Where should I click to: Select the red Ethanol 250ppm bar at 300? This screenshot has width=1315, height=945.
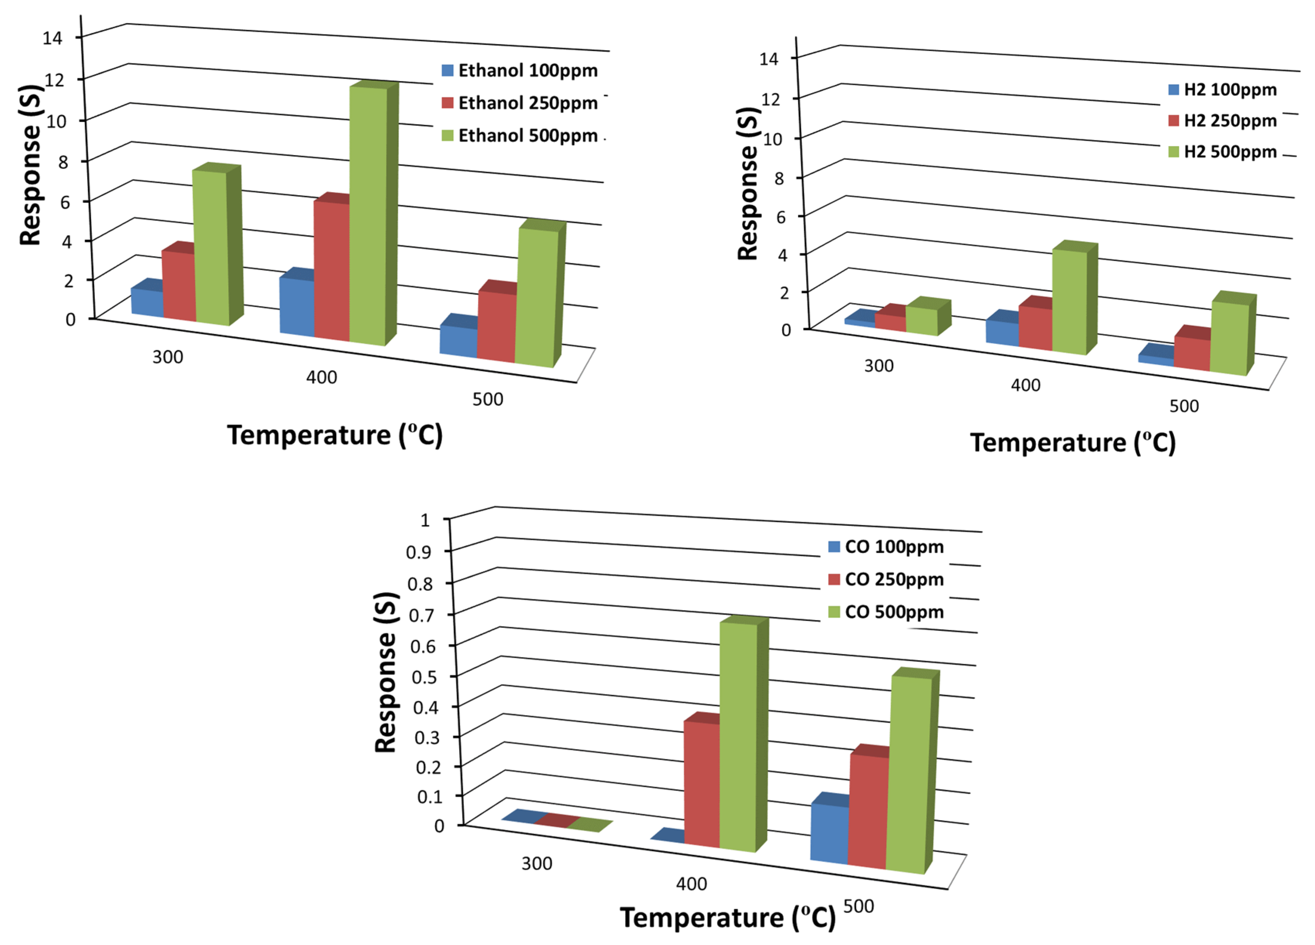178,284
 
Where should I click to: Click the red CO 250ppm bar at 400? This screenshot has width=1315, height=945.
702,783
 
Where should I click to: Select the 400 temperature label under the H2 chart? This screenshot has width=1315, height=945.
1026,385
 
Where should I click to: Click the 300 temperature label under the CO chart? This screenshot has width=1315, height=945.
536,864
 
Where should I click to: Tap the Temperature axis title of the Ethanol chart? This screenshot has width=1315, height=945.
335,435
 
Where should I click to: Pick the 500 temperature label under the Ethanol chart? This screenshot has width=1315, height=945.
488,399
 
